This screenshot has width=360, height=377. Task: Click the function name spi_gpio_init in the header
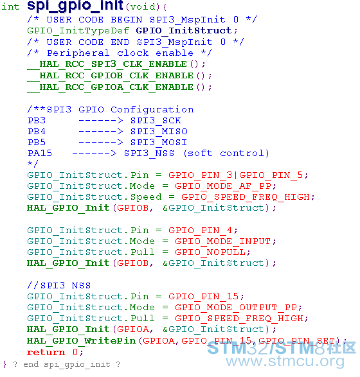pos(75,6)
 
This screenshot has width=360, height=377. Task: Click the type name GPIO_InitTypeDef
pos(78,31)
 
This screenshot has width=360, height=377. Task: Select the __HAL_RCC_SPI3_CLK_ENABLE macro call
pos(107,64)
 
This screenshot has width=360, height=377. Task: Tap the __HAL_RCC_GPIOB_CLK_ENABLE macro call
pos(110,76)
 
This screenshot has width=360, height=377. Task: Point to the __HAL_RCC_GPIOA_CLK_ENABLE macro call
pos(110,87)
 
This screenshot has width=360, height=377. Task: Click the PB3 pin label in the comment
pos(37,121)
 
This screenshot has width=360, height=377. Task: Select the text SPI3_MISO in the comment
pos(159,132)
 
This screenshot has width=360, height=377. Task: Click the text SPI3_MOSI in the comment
pos(159,143)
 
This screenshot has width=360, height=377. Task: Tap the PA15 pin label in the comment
pos(40,153)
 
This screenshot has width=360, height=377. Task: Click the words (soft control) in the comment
pos(226,153)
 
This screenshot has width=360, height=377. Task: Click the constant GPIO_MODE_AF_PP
pos(223,186)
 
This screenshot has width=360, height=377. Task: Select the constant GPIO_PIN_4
pos(200,231)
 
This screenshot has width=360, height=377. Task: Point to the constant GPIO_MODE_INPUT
pos(223,241)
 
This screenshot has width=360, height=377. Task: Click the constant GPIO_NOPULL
pos(210,252)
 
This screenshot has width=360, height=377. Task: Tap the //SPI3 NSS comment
pos(59,285)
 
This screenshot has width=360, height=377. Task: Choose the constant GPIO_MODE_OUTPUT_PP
pos(235,308)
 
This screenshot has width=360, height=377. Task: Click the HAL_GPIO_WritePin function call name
pos(82,340)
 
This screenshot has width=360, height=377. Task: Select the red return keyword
pos(46,352)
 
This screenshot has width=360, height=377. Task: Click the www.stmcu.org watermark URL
pos(285,361)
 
